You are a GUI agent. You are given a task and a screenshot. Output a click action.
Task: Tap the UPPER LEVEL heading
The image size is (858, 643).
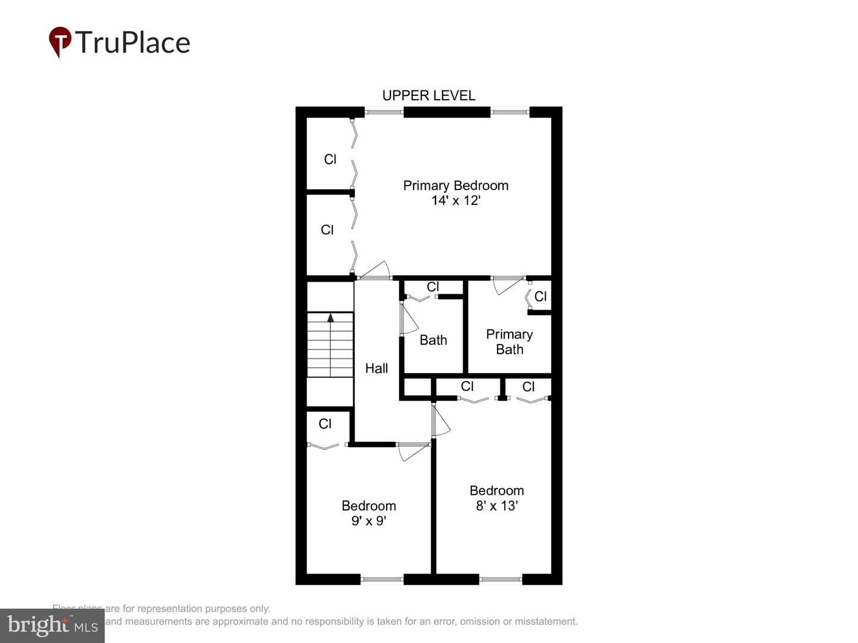pyautogui.click(x=428, y=96)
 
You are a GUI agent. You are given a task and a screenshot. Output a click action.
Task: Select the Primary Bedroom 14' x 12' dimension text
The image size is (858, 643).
pyautogui.click(x=456, y=201)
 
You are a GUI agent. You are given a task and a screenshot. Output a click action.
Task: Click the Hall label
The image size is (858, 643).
pyautogui.click(x=377, y=369)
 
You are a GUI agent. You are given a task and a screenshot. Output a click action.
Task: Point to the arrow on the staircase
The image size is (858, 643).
pyautogui.click(x=331, y=318)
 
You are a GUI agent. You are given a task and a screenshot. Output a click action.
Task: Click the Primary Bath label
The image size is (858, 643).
pyautogui.click(x=509, y=342)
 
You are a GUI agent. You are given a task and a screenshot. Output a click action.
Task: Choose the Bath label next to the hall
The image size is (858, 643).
pyautogui.click(x=433, y=340)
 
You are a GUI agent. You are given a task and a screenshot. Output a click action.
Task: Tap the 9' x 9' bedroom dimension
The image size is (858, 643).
pyautogui.click(x=369, y=521)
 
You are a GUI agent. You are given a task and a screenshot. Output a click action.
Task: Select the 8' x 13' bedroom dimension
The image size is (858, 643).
pyautogui.click(x=496, y=506)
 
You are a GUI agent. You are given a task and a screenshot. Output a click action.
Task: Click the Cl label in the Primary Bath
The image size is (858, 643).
pyautogui.click(x=540, y=296)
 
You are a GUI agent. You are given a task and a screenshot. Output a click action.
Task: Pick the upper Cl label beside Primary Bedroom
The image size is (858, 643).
pyautogui.click(x=330, y=160)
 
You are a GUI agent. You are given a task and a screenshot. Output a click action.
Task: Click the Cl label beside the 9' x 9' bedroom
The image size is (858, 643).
pyautogui.click(x=325, y=424)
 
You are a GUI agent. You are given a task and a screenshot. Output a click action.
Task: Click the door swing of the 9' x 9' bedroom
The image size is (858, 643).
pyautogui.click(x=412, y=452)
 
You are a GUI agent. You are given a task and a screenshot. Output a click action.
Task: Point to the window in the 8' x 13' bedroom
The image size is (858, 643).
pyautogui.click(x=500, y=579)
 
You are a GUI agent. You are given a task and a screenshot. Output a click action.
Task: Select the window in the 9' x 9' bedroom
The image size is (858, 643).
pyautogui.click(x=382, y=579)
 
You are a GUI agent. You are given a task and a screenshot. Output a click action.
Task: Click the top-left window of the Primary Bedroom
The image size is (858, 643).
pyautogui.click(x=384, y=111)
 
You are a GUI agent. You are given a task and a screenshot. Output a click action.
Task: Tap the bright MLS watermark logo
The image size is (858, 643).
pyautogui.click(x=52, y=626)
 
